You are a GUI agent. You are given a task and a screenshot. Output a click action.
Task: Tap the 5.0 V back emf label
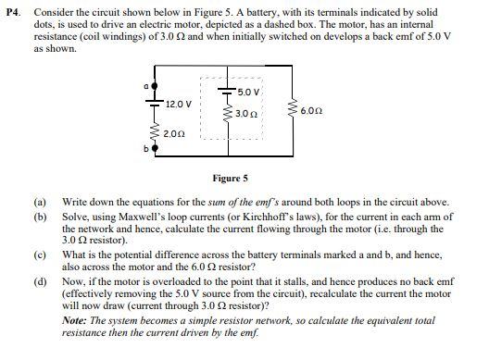tap(246, 93)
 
